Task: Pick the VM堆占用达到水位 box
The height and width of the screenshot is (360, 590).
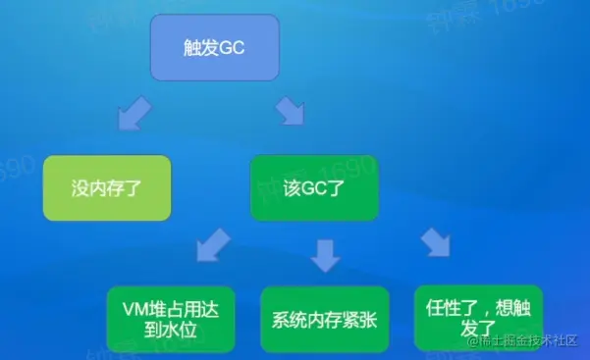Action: pyautogui.click(x=166, y=318)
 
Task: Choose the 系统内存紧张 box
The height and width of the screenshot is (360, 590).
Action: pyautogui.click(x=324, y=318)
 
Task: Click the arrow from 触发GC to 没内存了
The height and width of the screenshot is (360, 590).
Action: pyautogui.click(x=132, y=116)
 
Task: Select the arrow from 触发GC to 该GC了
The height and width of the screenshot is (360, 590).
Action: pyautogui.click(x=291, y=113)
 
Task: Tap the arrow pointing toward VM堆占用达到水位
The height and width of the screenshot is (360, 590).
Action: pyautogui.click(x=209, y=246)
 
